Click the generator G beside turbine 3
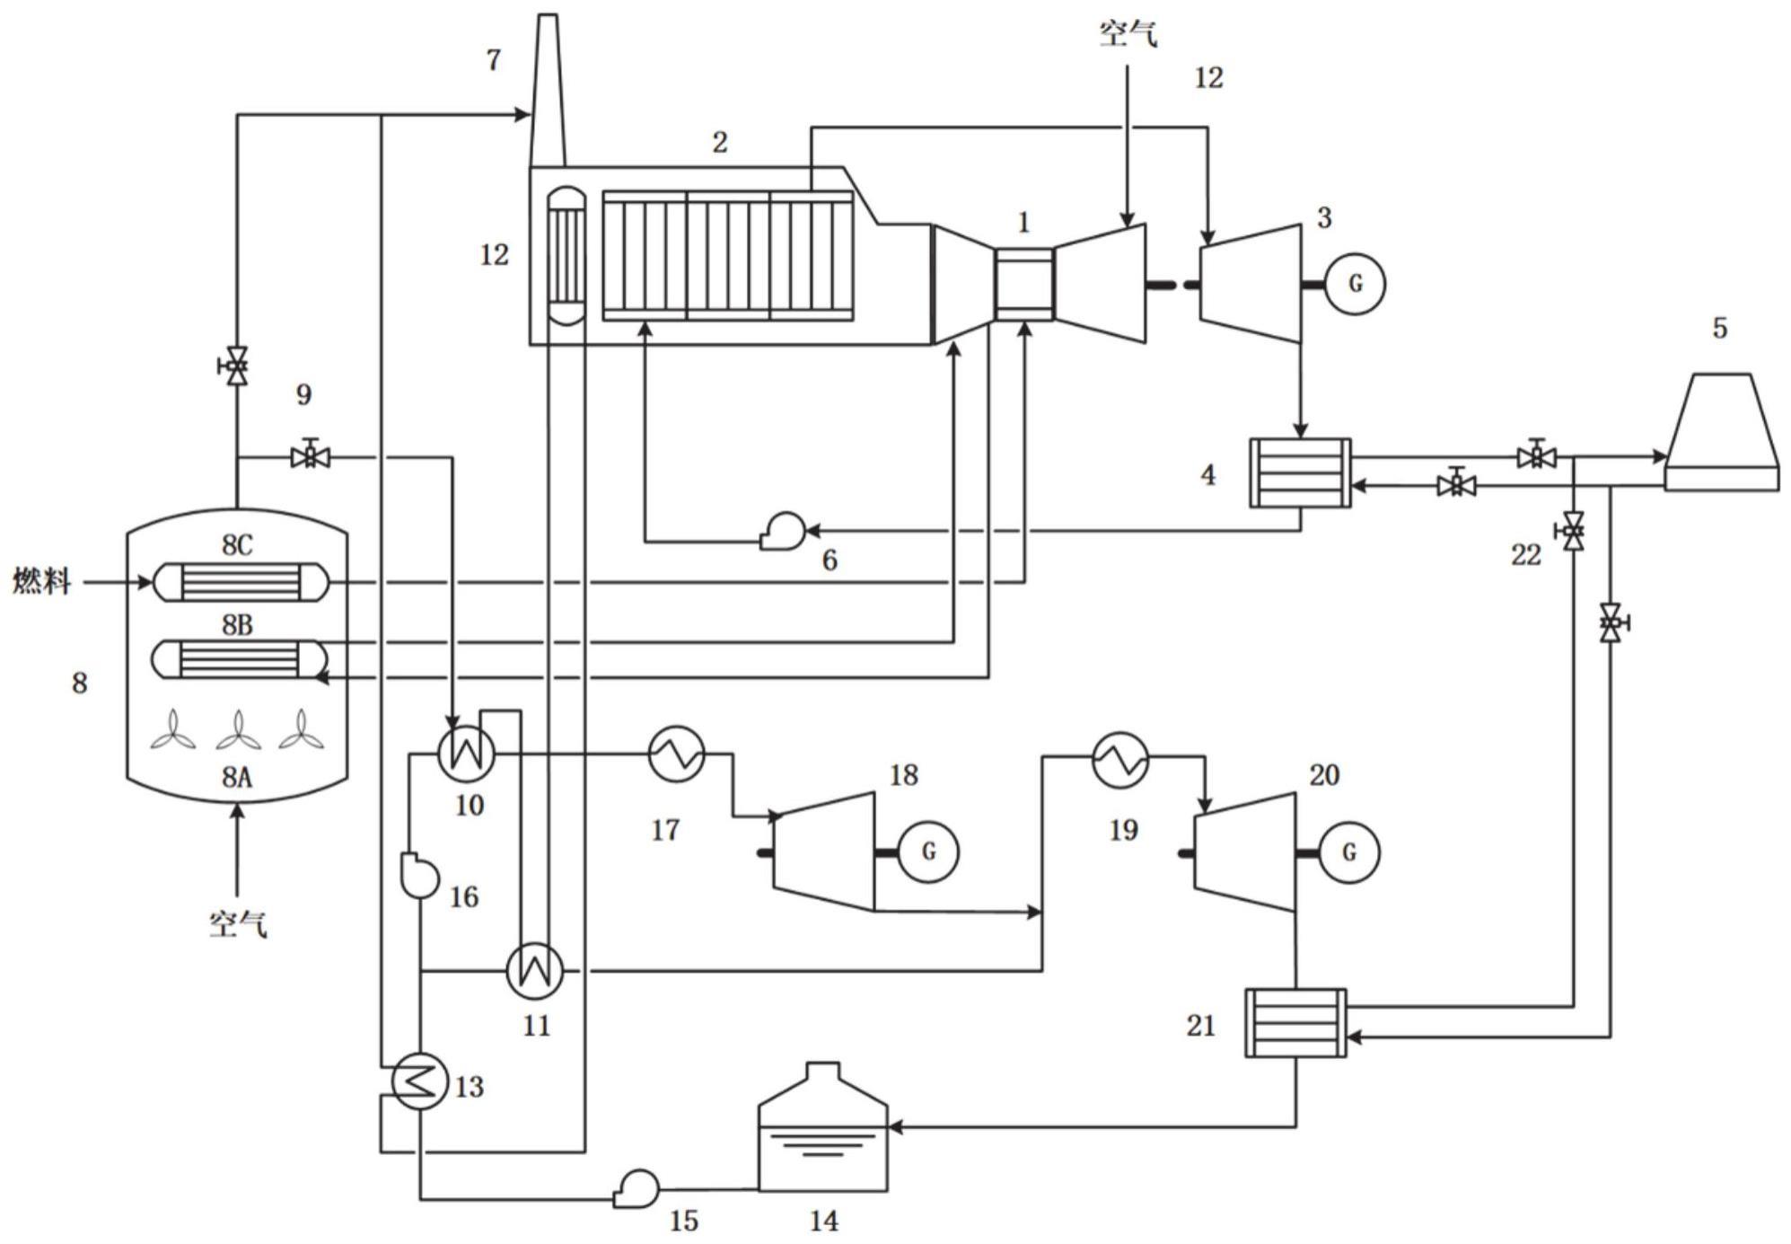coord(1355,284)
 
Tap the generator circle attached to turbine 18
coord(928,851)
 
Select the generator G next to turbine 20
coord(1348,851)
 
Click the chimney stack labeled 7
coord(548,90)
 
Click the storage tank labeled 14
coord(823,1129)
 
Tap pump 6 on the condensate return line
coord(782,531)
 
